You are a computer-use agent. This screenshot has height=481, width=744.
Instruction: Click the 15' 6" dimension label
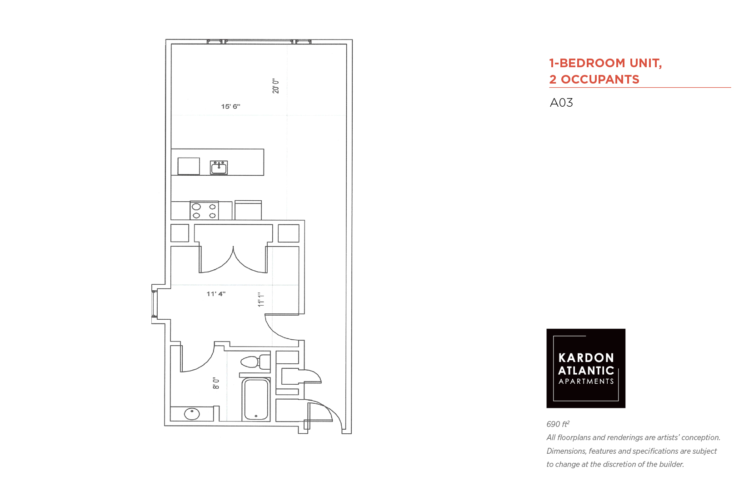230,107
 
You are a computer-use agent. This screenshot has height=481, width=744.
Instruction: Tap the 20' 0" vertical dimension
276,86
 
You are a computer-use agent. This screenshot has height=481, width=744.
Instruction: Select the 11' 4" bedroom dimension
216,294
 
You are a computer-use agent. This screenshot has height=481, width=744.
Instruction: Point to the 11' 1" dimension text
261,299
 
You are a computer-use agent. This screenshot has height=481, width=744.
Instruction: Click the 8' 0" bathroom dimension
216,383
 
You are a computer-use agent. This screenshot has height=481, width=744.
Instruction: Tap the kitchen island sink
219,167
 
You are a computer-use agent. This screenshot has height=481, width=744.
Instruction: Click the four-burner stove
204,210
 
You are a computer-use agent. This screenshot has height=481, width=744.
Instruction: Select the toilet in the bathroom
255,362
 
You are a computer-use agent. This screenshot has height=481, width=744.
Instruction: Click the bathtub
256,400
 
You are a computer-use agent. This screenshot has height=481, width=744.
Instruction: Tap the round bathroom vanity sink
192,414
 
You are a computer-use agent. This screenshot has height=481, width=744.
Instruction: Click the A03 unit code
561,103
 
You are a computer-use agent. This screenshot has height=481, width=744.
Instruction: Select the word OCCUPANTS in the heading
600,79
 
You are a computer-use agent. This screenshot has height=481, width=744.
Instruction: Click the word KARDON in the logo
586,358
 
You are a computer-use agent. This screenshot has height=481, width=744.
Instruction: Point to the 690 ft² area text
558,424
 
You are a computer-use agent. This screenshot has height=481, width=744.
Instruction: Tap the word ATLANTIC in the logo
586,371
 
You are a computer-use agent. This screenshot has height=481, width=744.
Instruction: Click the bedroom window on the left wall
154,304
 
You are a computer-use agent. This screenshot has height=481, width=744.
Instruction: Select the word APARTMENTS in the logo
586,382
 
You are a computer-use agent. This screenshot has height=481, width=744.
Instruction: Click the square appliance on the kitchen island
189,166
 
